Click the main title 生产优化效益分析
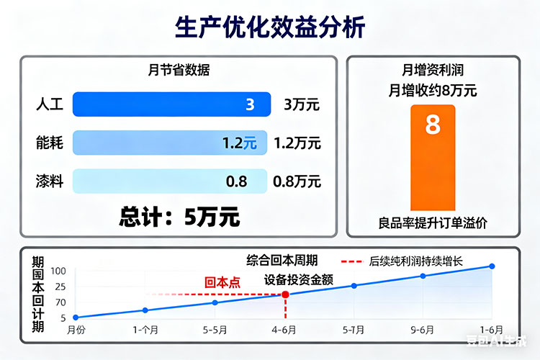270,27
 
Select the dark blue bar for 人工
171,104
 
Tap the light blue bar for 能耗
170,143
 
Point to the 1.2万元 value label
297,143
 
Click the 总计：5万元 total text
179,216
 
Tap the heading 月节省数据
179,71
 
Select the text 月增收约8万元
433,91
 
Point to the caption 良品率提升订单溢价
433,223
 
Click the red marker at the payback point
286,294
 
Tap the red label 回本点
222,283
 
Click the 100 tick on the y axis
58,271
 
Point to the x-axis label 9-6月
423,330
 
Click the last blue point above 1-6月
492,266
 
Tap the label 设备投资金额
298,280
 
